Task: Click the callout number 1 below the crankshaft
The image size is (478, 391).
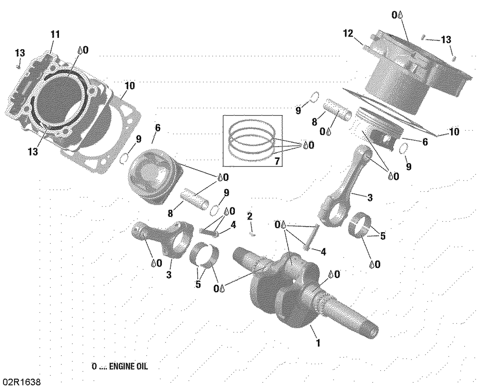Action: point(318,343)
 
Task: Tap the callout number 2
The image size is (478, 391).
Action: point(250,216)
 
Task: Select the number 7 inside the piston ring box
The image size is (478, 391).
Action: point(277,161)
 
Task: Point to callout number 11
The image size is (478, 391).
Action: point(55,34)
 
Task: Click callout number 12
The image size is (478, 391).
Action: point(348,33)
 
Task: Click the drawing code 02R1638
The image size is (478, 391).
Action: point(22,382)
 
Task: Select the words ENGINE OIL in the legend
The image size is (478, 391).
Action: point(128,366)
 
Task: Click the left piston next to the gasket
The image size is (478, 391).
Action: point(155,178)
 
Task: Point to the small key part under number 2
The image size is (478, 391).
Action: point(253,235)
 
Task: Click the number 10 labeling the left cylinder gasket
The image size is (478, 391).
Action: point(129,86)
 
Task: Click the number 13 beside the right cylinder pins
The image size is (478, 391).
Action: point(446,40)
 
